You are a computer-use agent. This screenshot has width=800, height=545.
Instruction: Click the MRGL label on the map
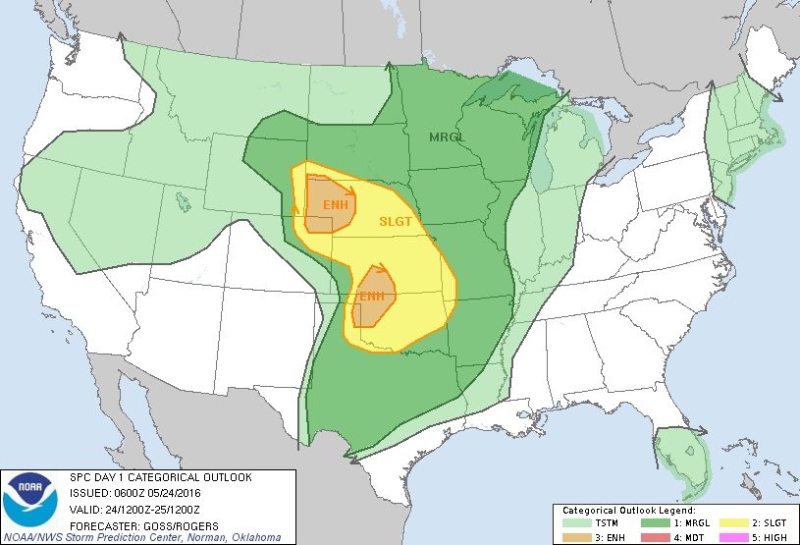coord(448,137)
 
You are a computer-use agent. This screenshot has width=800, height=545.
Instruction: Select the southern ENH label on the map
coord(371,296)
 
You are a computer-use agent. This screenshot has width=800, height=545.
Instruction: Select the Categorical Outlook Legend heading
coord(628,511)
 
